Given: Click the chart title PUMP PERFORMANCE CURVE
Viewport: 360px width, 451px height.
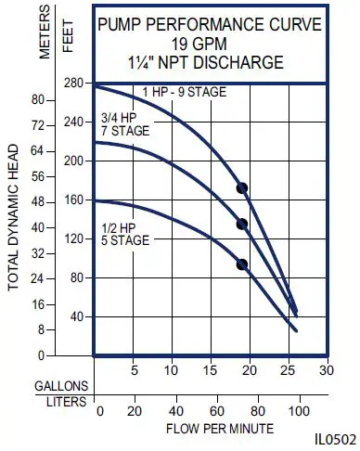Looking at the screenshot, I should pyautogui.click(x=211, y=25).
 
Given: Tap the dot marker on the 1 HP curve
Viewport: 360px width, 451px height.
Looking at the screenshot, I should pyautogui.click(x=242, y=188).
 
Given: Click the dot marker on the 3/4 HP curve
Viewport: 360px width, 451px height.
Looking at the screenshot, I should pyautogui.click(x=242, y=224).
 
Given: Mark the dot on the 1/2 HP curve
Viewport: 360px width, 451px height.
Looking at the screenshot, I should pyautogui.click(x=242, y=264).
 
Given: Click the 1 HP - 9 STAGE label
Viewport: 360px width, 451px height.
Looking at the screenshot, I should pyautogui.click(x=185, y=92).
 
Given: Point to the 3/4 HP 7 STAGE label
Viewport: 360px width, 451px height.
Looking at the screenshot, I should pyautogui.click(x=123, y=124).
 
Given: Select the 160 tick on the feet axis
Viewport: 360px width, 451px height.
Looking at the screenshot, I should pyautogui.click(x=73, y=200).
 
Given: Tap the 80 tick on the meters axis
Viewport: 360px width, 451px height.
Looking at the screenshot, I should pyautogui.click(x=38, y=99).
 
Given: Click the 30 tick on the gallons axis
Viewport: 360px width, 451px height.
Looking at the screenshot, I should pyautogui.click(x=326, y=370).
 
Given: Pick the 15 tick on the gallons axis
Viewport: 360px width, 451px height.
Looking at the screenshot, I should pyautogui.click(x=211, y=370).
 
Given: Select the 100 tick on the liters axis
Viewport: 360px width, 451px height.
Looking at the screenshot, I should pyautogui.click(x=298, y=411).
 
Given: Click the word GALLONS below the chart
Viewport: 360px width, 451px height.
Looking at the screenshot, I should pyautogui.click(x=62, y=386).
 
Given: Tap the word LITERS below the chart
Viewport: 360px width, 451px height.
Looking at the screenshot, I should pyautogui.click(x=66, y=403).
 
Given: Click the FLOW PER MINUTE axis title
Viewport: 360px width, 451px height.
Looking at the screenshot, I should pyautogui.click(x=220, y=429).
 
